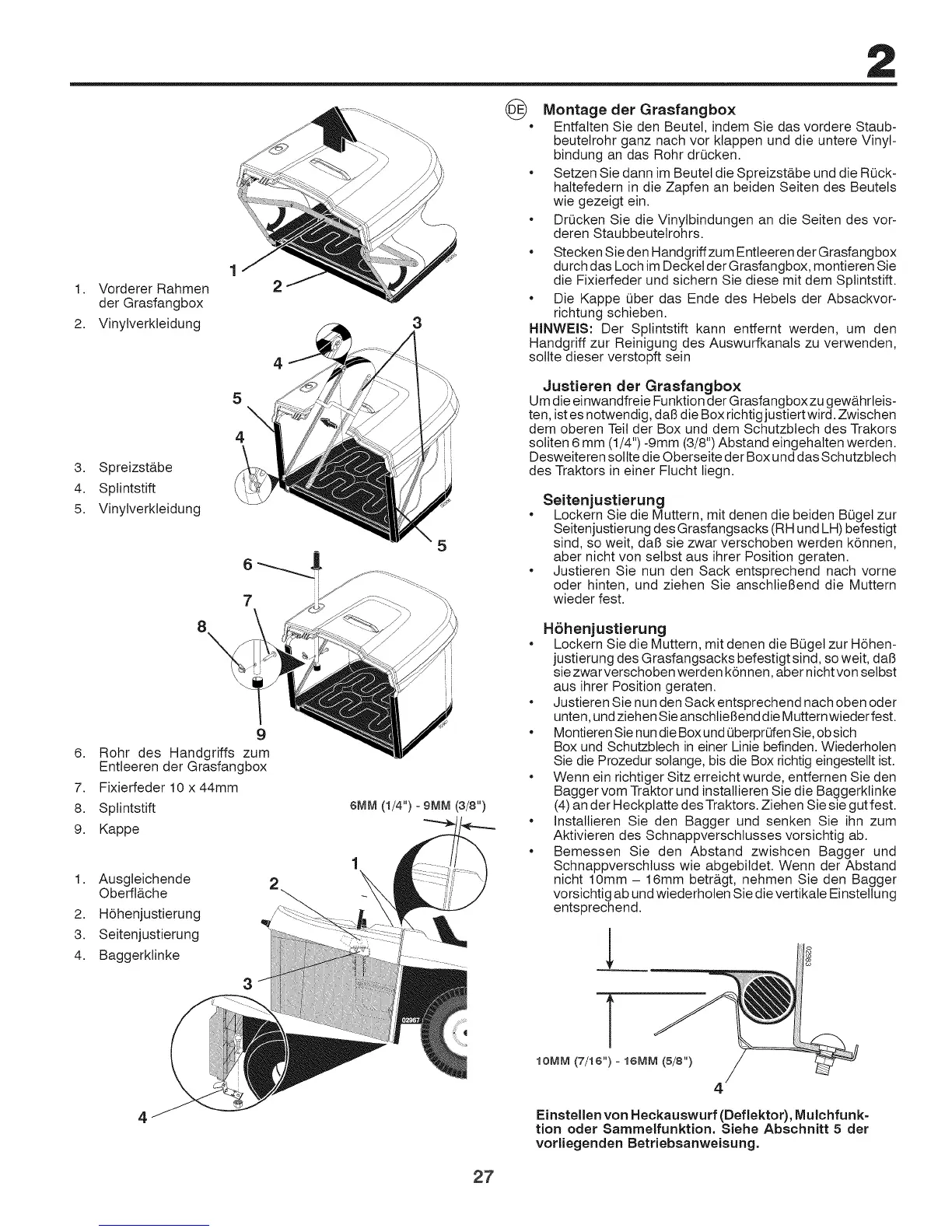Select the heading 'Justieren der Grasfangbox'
click(641, 386)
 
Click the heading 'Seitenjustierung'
click(603, 499)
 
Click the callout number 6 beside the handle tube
click(247, 565)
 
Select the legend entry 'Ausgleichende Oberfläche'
click(145, 886)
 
